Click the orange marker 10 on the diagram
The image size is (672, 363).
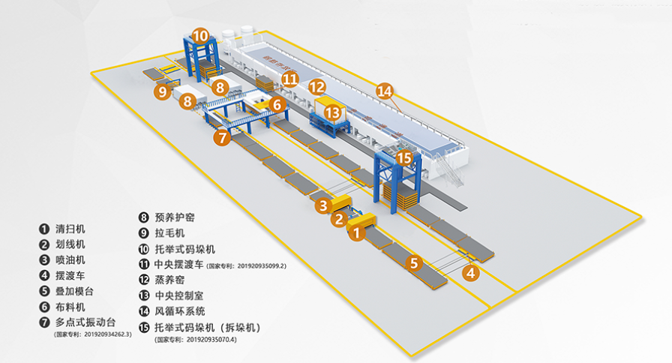pos(200,35)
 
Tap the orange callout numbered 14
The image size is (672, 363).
pos(385,91)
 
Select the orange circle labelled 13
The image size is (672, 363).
pos(331,112)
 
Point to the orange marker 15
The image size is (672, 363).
pos(405,158)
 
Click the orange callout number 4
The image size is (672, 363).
pos(471,274)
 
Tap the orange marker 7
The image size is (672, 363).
pos(220,138)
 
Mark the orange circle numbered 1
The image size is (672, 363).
pos(357,234)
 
